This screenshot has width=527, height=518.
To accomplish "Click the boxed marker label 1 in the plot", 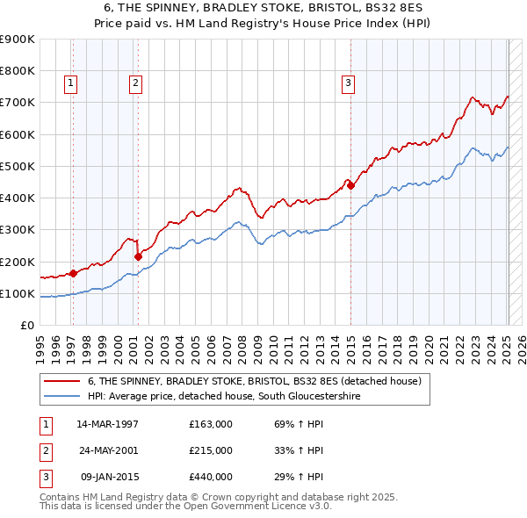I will (70, 83).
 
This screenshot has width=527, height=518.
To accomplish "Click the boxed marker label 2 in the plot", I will (136, 83).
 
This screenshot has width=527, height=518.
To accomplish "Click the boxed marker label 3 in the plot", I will (348, 83).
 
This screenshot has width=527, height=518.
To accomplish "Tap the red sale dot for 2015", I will (350, 185).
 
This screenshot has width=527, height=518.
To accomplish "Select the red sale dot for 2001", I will (138, 256).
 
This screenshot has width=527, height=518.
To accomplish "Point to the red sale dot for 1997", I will (73, 273).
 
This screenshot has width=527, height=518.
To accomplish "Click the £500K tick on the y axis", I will (18, 166).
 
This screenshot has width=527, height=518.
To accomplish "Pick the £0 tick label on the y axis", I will (26, 326).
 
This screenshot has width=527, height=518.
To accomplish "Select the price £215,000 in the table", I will (210, 450).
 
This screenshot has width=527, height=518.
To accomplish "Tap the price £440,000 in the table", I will (210, 477).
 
